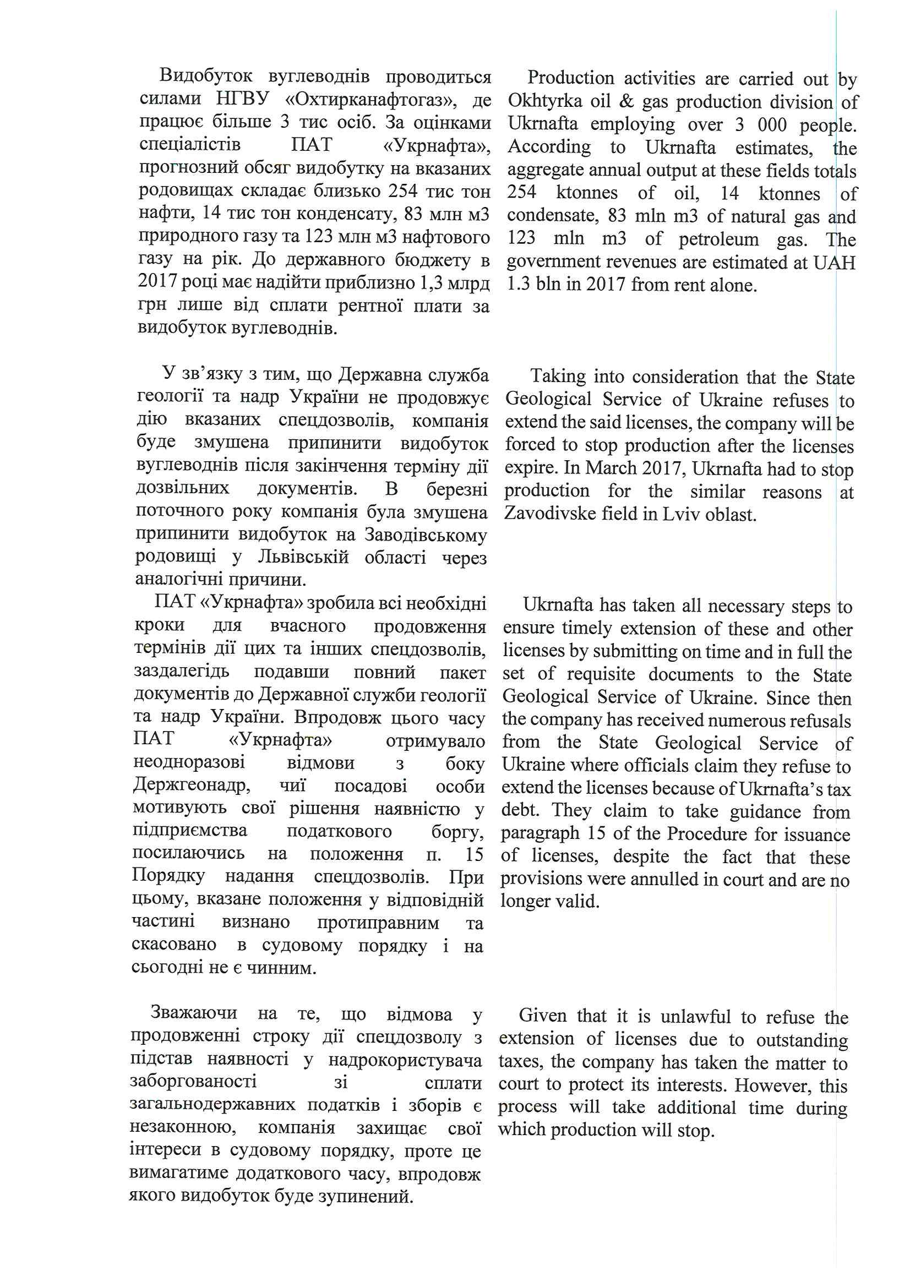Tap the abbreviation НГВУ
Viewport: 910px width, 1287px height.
coord(243,99)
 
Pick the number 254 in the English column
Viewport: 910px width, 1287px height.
coord(521,192)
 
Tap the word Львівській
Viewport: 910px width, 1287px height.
coord(303,557)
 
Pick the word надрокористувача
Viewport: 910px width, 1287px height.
coord(405,1060)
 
